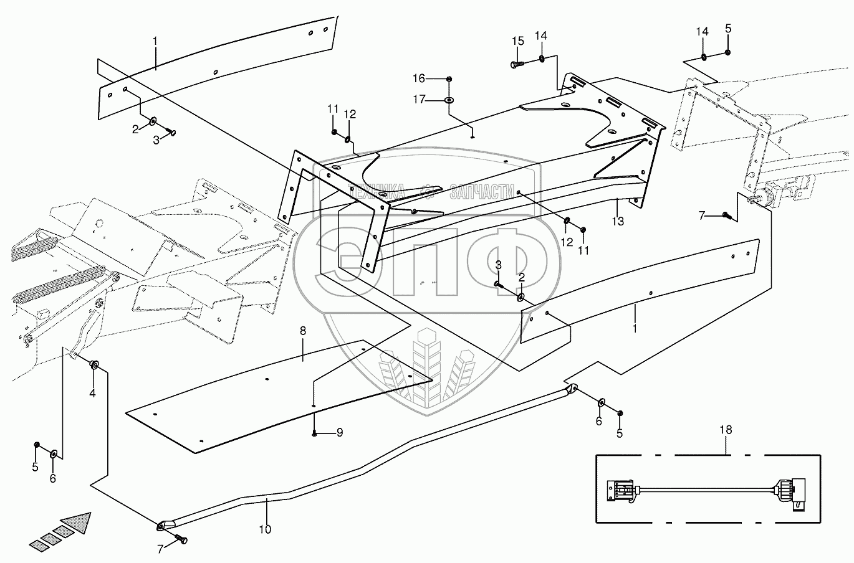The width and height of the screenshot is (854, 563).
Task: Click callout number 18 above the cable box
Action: [x=726, y=430]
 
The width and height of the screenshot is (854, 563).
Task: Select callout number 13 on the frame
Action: [x=617, y=220]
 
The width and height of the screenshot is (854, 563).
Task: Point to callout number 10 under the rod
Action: [x=265, y=529]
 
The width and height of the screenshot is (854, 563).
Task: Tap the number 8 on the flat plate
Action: [x=303, y=331]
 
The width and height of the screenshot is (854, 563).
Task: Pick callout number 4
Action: [x=92, y=393]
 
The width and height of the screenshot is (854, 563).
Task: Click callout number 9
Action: [x=339, y=432]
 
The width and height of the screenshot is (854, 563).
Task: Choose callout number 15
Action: [x=518, y=41]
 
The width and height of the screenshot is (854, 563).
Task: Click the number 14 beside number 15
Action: [x=540, y=36]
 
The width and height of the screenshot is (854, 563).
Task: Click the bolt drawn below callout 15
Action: [x=516, y=64]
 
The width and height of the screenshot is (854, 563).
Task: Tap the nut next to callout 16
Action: [x=449, y=78]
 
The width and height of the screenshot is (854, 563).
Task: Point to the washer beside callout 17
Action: [x=449, y=100]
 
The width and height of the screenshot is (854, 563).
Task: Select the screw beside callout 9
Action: [x=315, y=433]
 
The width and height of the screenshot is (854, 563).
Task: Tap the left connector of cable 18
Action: [x=621, y=490]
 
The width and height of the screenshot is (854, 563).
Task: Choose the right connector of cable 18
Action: [x=787, y=491]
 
